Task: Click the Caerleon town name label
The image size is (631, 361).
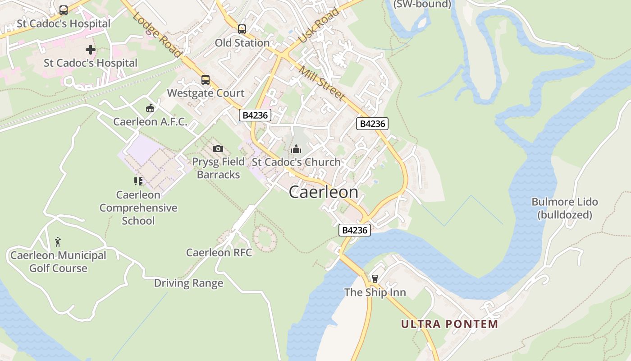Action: point(323,192)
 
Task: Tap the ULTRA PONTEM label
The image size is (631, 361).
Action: point(449,324)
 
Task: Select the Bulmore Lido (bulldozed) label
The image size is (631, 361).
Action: point(564,208)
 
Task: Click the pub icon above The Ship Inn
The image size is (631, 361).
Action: point(375,278)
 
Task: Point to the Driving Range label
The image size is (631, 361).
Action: point(188,283)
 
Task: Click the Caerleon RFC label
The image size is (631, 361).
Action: point(219,253)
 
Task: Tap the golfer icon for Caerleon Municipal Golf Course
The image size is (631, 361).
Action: point(58,242)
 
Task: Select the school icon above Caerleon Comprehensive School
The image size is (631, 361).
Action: point(138,181)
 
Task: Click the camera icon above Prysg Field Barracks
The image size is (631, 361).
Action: point(218,148)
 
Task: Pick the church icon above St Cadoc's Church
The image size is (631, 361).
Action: point(296,148)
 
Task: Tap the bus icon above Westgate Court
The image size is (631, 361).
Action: point(206,80)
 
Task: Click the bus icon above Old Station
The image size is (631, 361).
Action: point(242,29)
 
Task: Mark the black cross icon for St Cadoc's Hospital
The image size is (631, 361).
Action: point(91,50)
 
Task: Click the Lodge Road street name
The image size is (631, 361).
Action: point(157,35)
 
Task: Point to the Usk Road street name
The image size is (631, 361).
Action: point(319,26)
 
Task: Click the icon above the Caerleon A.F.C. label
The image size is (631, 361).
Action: point(150,108)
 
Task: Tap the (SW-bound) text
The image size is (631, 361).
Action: point(422,5)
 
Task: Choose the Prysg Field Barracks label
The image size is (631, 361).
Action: point(218,168)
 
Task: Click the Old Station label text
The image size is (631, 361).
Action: point(242,43)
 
